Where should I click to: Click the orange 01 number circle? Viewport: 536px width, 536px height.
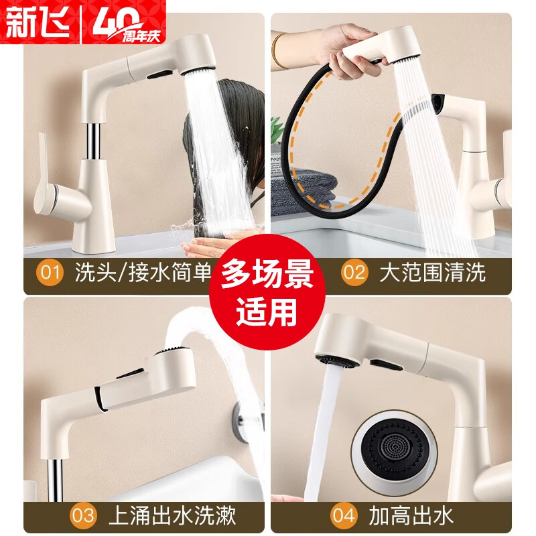[49, 273]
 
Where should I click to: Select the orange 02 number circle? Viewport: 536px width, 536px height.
[354, 273]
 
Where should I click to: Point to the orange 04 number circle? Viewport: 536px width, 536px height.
[342, 515]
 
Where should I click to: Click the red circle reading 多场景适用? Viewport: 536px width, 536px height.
[269, 294]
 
